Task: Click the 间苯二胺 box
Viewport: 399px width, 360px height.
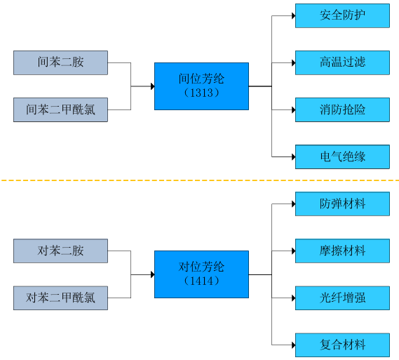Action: pos(60,62)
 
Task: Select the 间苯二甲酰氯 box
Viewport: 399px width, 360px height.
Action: pos(60,109)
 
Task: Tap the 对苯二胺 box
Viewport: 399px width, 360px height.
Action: pos(60,251)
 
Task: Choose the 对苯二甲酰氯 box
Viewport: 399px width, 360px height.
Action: pos(60,298)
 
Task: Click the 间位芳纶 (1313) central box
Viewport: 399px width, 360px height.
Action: pos(201,86)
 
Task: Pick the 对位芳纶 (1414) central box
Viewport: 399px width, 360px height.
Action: pos(201,274)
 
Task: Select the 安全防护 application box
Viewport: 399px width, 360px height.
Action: pos(342,15)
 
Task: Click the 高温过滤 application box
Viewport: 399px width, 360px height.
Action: pos(342,62)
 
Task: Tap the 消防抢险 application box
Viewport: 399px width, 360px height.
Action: pos(342,109)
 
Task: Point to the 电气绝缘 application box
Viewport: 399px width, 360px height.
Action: pos(342,156)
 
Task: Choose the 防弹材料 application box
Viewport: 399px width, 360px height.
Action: pos(342,204)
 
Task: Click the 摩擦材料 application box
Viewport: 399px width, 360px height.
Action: pos(342,251)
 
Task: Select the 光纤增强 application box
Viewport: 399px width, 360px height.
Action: pos(342,298)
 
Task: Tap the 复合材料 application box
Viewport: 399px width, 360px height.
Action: pos(342,345)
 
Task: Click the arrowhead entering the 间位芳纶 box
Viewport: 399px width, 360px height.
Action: pos(151,86)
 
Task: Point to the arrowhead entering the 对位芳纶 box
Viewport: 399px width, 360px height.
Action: pos(151,274)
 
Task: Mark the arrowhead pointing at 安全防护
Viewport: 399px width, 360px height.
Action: pos(292,15)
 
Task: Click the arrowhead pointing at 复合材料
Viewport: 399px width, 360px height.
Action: pos(292,345)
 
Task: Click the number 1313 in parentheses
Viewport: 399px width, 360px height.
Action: pos(201,93)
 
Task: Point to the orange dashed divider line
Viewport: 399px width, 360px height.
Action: pos(199,180)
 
